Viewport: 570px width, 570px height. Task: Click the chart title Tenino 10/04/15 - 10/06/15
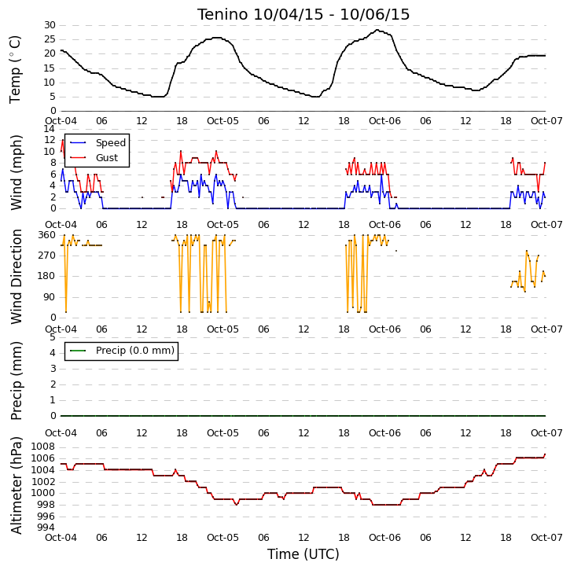coord(303,14)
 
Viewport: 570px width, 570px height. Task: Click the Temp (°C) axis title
coord(15,69)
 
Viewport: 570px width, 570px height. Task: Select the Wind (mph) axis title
coord(16,173)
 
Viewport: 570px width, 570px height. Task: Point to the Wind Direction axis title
coord(16,277)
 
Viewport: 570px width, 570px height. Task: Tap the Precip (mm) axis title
coord(16,381)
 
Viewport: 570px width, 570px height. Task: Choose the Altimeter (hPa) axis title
coord(16,485)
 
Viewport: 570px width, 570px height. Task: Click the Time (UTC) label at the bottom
coord(303,554)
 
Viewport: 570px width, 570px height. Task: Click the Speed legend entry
coord(111,143)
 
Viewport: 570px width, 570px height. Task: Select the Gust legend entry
coord(107,158)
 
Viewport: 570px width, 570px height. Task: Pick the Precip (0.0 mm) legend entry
coord(135,351)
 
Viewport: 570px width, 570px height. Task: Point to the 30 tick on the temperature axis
coord(50,25)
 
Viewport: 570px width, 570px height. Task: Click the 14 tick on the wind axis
coord(50,129)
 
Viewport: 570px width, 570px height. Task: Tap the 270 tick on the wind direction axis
coord(47,256)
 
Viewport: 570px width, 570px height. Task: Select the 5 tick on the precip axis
coord(53,337)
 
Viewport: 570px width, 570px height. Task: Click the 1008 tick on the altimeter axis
coord(43,447)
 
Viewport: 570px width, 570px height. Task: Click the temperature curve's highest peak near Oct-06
coord(377,30)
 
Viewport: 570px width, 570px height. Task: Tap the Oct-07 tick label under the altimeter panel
coord(546,537)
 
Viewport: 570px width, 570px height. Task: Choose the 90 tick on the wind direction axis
coord(50,297)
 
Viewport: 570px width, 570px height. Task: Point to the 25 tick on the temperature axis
coord(50,39)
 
